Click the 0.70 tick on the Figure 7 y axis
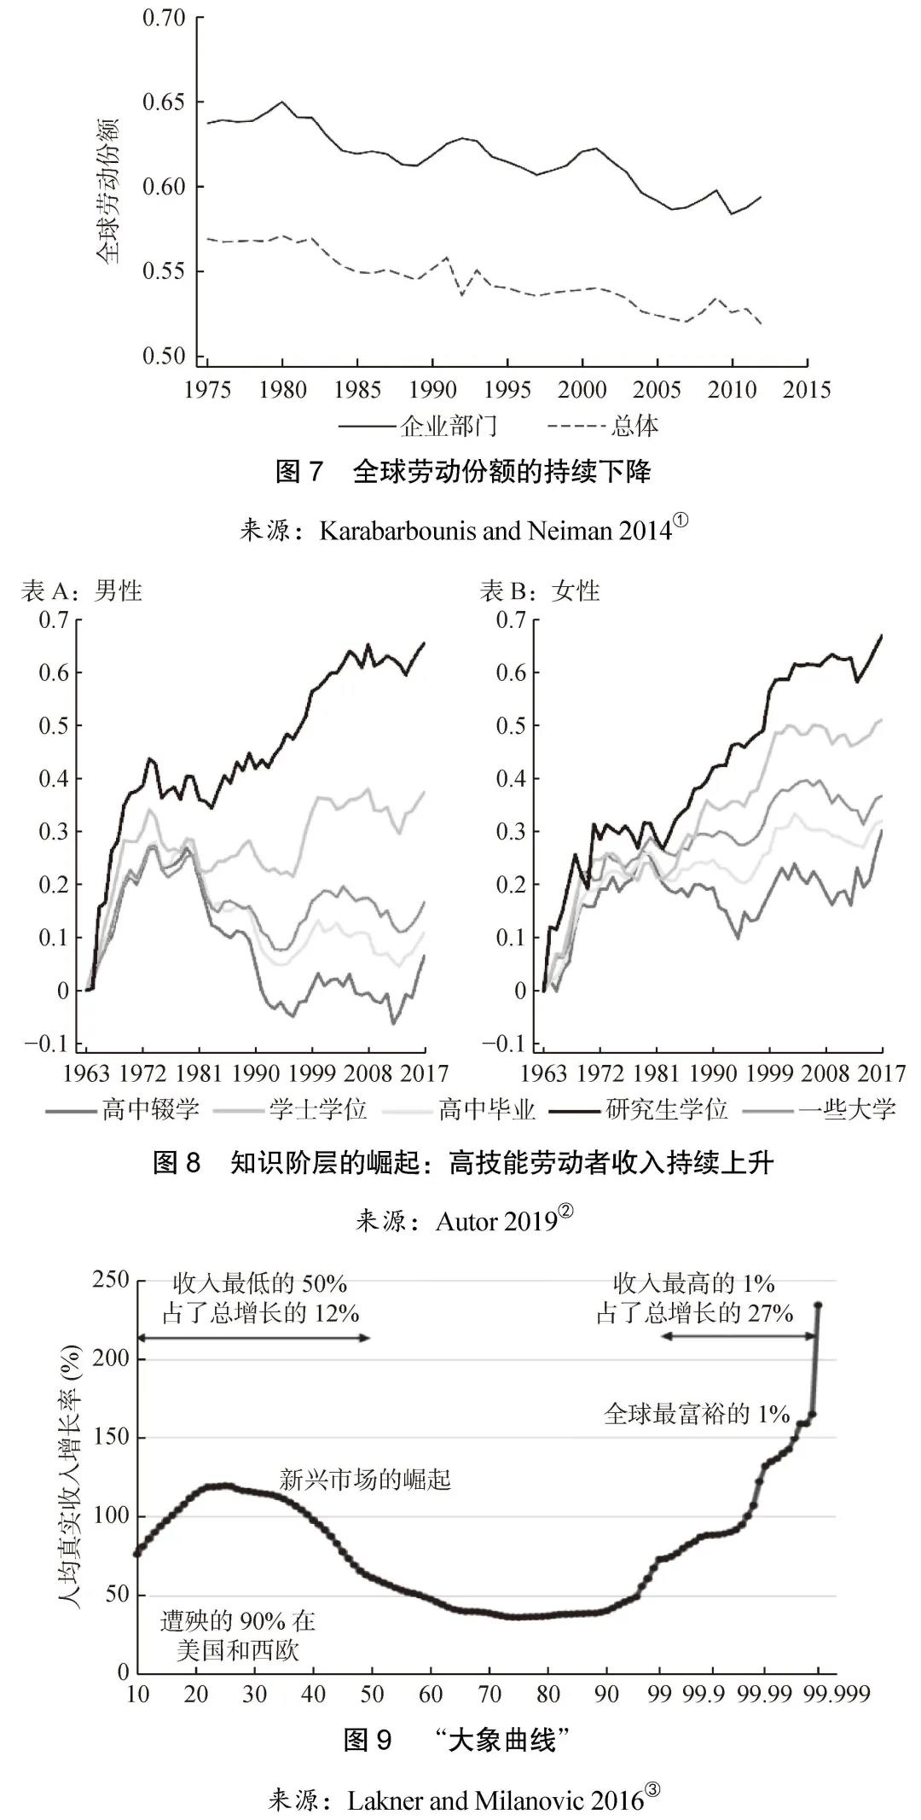[x=163, y=18]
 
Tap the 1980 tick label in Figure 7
[x=283, y=390]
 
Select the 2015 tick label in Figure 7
[x=806, y=390]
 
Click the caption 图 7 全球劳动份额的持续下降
[x=463, y=472]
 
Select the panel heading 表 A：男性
[x=82, y=590]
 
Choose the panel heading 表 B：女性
[x=540, y=590]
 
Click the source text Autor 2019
[x=496, y=1222]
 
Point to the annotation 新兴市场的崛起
[x=365, y=1479]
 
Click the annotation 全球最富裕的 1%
[x=697, y=1414]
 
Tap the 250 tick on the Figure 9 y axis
[x=112, y=1280]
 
